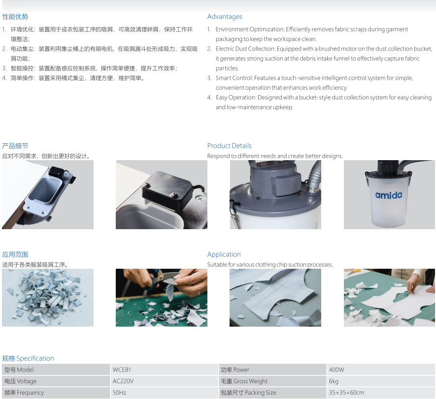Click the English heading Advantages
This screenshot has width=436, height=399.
click(x=225, y=17)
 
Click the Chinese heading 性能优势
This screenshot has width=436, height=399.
click(x=15, y=17)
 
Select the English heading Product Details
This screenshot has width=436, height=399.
click(x=230, y=146)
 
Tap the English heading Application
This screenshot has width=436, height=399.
click(x=224, y=254)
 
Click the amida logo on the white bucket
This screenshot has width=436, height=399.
click(x=389, y=195)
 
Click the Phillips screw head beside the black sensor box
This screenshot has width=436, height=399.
click(x=199, y=198)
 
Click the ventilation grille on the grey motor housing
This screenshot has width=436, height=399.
click(x=290, y=185)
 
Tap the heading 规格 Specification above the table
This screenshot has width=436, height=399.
click(x=28, y=358)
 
